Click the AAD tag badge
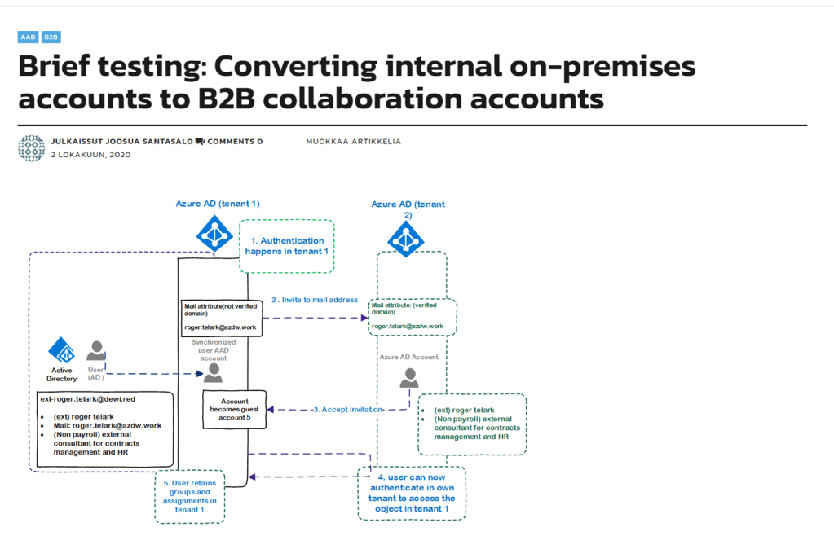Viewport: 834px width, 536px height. pos(29,37)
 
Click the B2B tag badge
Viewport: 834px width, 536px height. pos(51,37)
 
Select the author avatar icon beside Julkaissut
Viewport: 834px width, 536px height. pos(32,147)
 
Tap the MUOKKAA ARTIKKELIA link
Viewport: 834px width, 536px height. pos(353,141)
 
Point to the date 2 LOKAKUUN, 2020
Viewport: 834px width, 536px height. pos(90,154)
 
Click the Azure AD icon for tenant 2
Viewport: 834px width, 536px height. pos(405,238)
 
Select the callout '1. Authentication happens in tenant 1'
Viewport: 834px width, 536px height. pos(285,245)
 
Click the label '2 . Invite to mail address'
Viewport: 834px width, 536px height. pos(315,300)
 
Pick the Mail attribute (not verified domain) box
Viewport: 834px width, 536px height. pos(222,317)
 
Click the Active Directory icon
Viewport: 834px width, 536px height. pos(62,352)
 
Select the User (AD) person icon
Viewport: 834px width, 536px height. pos(96,351)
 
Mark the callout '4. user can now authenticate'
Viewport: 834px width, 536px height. pos(411,492)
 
